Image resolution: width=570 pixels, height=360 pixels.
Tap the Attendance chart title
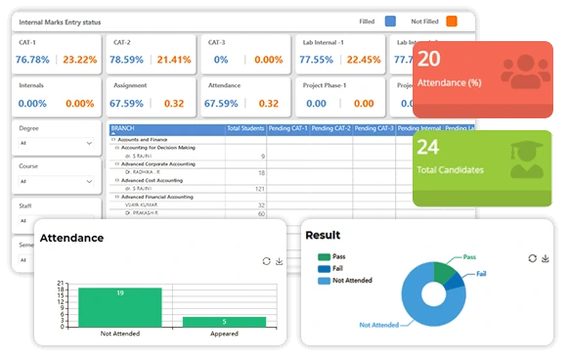[71, 238]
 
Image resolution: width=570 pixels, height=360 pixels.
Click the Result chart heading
[324, 235]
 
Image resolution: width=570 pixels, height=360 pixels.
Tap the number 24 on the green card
[429, 148]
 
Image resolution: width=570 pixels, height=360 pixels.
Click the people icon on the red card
[524, 72]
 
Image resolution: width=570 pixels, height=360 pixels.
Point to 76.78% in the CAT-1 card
[33, 60]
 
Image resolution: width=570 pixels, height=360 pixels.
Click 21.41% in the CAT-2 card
[173, 60]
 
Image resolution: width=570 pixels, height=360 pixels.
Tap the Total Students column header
[245, 128]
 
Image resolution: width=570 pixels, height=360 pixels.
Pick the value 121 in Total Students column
[259, 189]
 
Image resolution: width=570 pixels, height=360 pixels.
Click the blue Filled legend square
[390, 20]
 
